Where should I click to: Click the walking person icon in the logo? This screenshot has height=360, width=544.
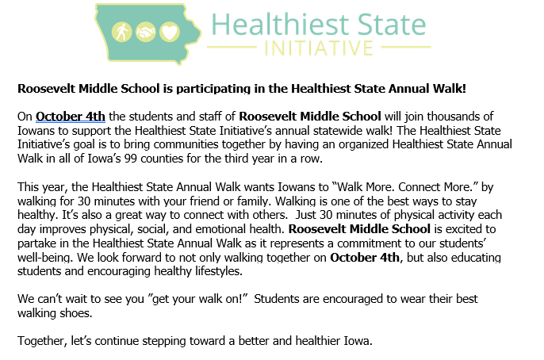coord(121,33)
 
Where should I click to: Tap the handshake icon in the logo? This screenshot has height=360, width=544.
coord(145,33)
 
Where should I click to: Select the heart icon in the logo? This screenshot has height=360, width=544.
coord(170,33)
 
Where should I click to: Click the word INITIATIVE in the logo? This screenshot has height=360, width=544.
coord(319,48)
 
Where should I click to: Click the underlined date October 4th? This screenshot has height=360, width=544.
coord(71,117)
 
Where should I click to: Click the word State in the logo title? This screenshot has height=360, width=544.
coord(392,25)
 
